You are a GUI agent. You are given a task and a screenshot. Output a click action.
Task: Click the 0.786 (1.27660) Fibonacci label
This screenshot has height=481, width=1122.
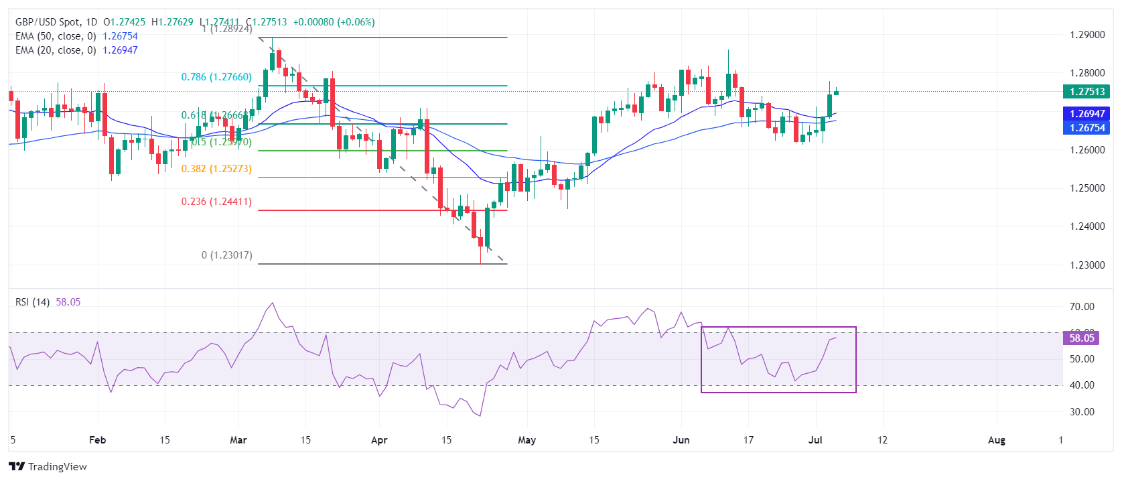tap(216, 77)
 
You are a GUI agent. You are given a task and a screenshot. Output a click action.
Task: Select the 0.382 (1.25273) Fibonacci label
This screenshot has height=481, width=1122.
tap(216, 169)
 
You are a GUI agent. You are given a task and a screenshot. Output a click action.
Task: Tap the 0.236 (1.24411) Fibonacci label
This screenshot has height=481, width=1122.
tap(216, 202)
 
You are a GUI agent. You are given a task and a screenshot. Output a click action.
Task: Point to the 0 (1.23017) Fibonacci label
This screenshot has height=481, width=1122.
tap(226, 255)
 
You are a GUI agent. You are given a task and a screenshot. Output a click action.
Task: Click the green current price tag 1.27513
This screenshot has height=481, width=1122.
tap(1086, 92)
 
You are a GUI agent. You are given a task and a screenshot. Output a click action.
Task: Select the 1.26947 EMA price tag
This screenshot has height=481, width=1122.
tap(1086, 114)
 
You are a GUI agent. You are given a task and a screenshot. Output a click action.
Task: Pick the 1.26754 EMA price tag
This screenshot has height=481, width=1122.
tap(1086, 128)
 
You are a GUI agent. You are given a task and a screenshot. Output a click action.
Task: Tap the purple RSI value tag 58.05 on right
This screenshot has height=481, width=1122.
tap(1081, 338)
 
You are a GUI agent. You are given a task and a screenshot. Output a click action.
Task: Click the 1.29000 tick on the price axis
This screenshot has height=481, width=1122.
tap(1087, 35)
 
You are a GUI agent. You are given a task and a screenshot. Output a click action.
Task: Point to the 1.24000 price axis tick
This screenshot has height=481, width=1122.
tap(1087, 226)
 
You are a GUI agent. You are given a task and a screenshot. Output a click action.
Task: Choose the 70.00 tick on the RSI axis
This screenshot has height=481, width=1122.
tap(1082, 307)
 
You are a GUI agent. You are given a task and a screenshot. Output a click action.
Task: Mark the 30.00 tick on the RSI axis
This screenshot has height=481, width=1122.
tap(1082, 412)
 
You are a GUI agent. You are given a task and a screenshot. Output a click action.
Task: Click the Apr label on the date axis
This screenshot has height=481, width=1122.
tap(379, 440)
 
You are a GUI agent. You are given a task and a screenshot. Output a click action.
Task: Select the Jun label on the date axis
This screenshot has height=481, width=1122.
tap(681, 440)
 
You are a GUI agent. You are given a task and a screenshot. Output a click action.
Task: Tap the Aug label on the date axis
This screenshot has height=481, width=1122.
tap(997, 440)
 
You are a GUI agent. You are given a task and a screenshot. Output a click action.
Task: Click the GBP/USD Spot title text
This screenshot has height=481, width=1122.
tap(48, 22)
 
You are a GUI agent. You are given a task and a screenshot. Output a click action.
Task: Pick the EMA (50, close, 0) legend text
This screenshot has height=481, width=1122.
tap(56, 36)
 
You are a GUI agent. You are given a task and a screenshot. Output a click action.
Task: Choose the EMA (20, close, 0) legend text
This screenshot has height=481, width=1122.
tap(56, 50)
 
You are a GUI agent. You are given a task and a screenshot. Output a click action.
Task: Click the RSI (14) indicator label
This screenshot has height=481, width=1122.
tap(32, 302)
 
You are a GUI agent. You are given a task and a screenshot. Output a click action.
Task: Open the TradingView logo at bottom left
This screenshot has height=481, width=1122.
tap(48, 467)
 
